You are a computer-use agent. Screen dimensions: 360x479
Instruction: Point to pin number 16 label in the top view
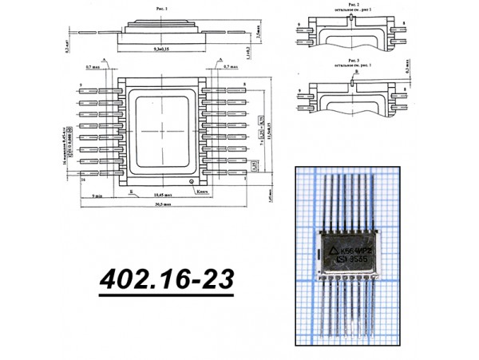[82, 180]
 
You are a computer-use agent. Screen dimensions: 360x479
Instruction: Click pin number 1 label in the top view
[247, 180]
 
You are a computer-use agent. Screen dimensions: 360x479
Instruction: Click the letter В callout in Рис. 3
[357, 72]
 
